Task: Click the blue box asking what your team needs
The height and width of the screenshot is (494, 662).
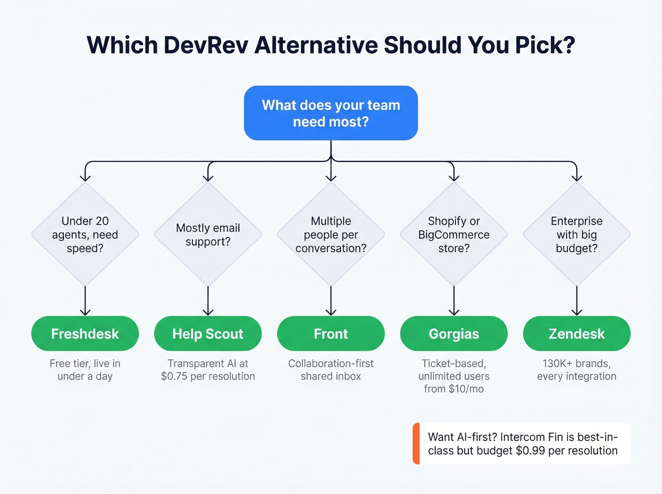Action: (331, 113)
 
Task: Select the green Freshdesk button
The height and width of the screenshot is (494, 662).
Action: (85, 334)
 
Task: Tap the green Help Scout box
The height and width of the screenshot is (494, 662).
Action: (208, 334)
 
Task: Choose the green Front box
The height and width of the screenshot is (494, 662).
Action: (331, 334)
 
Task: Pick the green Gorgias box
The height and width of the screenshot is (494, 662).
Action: (453, 334)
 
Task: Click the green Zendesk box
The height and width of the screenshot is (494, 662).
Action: (576, 334)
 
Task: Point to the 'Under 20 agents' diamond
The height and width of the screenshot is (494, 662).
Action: (85, 234)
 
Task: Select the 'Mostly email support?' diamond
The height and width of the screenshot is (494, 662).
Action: (208, 234)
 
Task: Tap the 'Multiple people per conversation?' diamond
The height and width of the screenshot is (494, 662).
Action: (331, 234)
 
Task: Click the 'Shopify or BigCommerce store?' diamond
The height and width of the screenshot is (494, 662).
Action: (454, 234)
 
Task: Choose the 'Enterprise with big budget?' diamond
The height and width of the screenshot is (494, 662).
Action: (577, 234)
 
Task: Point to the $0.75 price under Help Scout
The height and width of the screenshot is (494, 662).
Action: (174, 376)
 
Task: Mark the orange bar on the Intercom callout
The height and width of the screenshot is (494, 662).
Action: (416, 443)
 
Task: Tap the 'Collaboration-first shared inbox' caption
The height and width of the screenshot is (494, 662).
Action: (331, 370)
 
